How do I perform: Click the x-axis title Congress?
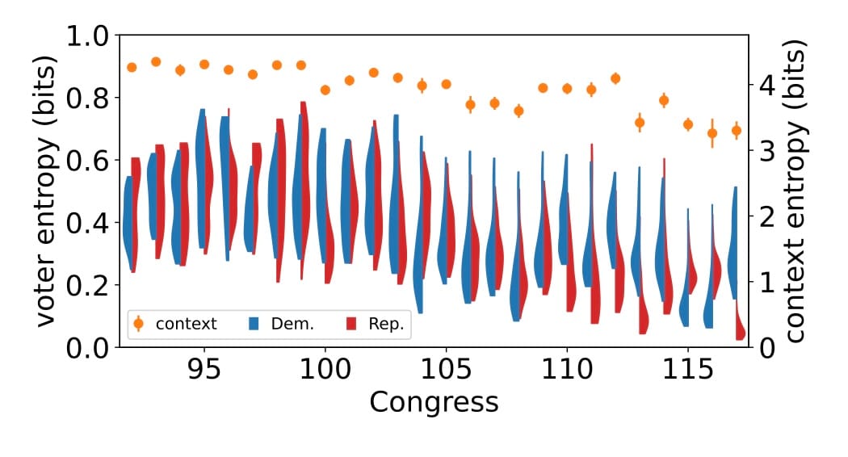tap(433, 401)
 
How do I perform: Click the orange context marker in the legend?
tap(138, 324)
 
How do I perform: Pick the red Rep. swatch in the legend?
tap(351, 324)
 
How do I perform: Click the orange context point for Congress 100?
tap(325, 90)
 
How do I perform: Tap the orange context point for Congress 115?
tap(688, 124)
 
